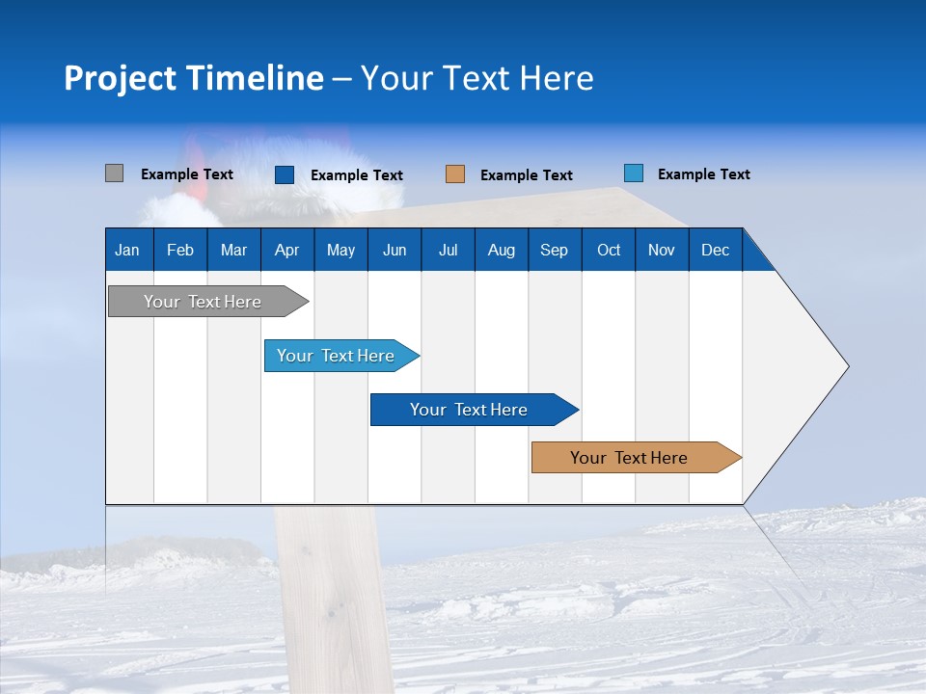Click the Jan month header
point(128,250)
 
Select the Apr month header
point(287,250)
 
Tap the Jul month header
point(449,250)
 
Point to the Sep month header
point(555,250)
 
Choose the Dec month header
point(716,250)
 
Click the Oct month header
point(609,250)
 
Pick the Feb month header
point(180,250)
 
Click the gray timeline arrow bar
point(204,302)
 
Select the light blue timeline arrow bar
point(337,356)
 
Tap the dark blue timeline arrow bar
point(470,410)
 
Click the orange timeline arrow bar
point(630,458)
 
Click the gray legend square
point(115,173)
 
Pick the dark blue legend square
point(285,174)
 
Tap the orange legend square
point(455,174)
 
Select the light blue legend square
point(634,173)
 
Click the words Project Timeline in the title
point(194,78)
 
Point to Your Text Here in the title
point(477,78)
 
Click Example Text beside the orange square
point(527,175)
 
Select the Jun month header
point(395,250)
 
